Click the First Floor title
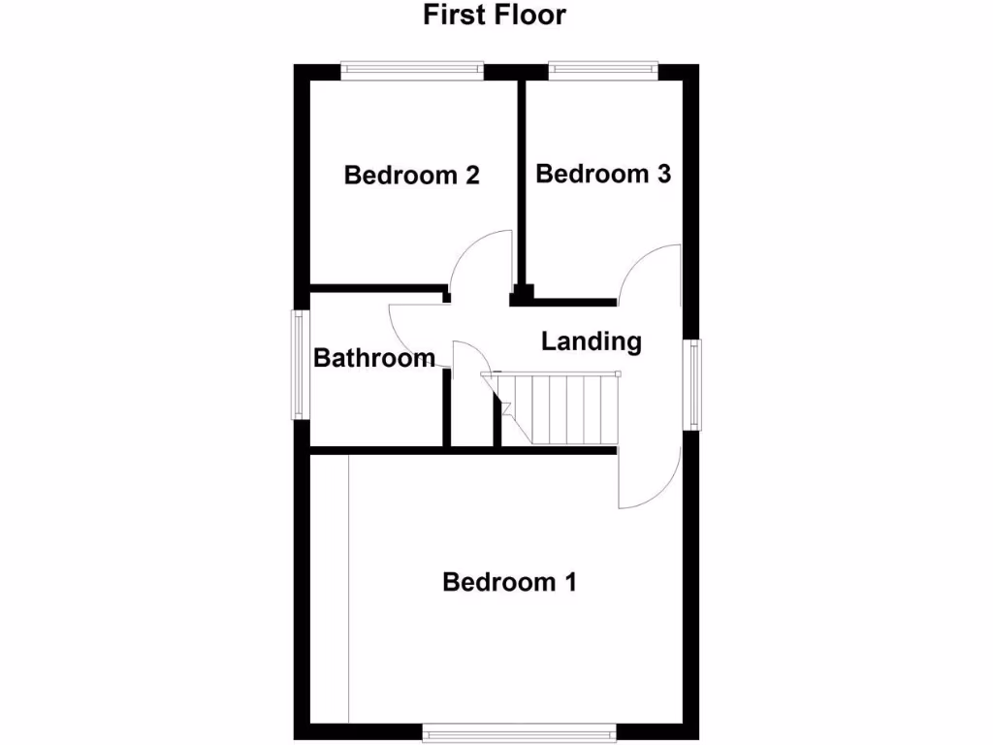point(495,16)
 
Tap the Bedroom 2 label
point(412,176)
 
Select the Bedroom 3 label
point(603,174)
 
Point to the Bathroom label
point(374,358)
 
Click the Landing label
point(592,341)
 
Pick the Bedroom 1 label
point(509,582)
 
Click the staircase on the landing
point(562,407)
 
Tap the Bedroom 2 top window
point(412,70)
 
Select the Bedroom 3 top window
point(603,70)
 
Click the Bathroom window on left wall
point(302,364)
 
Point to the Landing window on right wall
point(692,383)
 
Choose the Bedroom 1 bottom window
point(519,731)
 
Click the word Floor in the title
point(530,16)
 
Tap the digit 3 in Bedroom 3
point(663,174)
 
